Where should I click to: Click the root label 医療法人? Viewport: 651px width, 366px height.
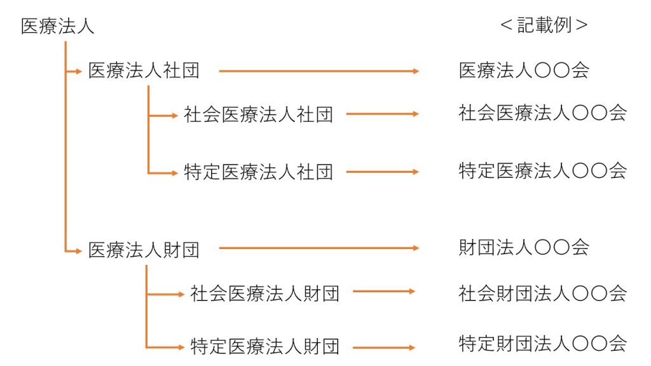click(58, 27)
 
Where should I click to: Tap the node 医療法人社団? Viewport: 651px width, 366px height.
click(144, 71)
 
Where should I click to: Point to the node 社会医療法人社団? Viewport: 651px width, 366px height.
click(258, 114)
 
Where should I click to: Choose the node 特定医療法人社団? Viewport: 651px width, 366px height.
click(258, 172)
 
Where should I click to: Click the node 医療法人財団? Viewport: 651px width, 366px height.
click(144, 250)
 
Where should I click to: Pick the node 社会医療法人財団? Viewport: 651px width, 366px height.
click(264, 294)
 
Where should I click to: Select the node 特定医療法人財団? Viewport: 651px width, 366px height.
click(264, 347)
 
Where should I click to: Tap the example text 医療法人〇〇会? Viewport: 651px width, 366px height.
click(524, 70)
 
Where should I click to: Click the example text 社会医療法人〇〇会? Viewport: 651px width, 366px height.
click(543, 113)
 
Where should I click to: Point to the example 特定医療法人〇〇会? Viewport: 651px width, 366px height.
click(543, 170)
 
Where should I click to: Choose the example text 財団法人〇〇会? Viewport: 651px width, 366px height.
click(524, 247)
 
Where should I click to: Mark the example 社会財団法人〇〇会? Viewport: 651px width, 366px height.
click(543, 293)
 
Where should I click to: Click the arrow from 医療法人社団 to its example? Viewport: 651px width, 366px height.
click(319, 71)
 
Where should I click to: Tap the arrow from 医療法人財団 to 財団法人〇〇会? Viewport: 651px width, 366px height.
click(319, 248)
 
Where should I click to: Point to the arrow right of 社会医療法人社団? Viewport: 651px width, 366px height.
click(382, 114)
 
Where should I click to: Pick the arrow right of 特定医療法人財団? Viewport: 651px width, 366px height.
click(383, 348)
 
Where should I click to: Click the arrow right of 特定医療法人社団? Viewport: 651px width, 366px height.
click(382, 172)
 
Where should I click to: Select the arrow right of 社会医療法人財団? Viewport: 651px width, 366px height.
click(383, 292)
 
